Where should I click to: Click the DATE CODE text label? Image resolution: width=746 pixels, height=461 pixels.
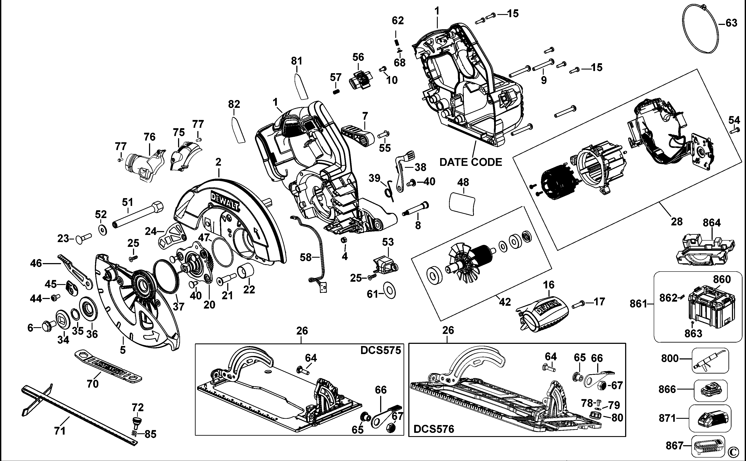click(x=471, y=162)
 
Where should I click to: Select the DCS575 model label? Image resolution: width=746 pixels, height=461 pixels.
click(x=380, y=350)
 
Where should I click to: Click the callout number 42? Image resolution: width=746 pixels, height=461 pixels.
click(x=505, y=302)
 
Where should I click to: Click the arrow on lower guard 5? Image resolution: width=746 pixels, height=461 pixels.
click(x=152, y=337)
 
